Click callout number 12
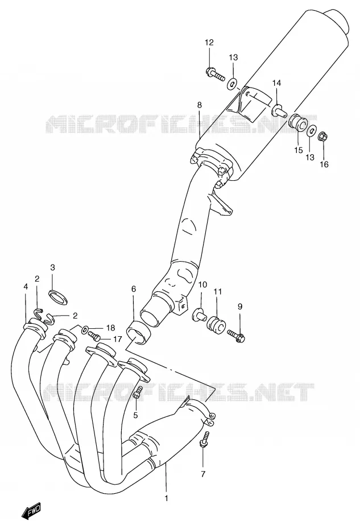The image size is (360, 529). coord(209,43)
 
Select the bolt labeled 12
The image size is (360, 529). coord(215,73)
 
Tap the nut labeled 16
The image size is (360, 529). coord(322,137)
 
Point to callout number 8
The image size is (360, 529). coord(200,105)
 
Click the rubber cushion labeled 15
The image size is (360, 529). coord(297,124)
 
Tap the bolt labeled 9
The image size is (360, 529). coord(235,334)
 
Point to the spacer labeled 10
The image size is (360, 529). coord(198,314)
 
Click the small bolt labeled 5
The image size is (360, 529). coord(138,392)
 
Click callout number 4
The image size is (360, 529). coord(26,287)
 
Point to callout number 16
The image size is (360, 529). coord(324,164)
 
